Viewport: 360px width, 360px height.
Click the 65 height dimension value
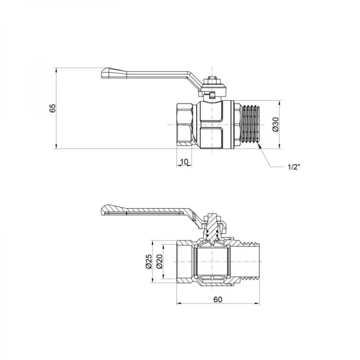coord(52,108)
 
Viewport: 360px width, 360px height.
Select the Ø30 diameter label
coord(275,124)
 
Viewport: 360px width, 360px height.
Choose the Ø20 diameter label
coord(160,262)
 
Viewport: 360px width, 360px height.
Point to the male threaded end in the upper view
coord(251,124)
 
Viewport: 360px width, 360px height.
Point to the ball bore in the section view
coord(214,262)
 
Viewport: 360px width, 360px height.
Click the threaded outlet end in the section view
coord(249,262)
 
